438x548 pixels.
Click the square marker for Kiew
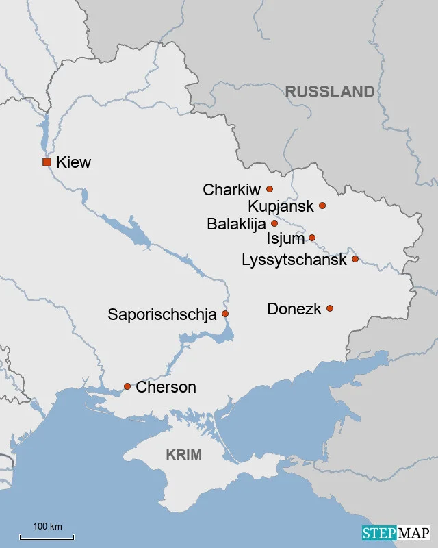click(47, 162)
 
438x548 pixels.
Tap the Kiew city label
click(74, 162)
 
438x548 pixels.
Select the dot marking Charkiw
click(270, 189)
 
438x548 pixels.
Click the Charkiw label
click(232, 190)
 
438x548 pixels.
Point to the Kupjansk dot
click(322, 206)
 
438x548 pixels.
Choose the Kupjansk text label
click(281, 206)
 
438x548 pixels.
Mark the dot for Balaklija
click(274, 223)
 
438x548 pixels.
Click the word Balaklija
click(237, 224)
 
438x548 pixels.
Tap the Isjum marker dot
click(312, 238)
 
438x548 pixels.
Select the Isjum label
click(285, 239)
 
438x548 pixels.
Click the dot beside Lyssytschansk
click(355, 259)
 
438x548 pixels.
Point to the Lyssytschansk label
click(294, 260)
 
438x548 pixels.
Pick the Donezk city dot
click(330, 308)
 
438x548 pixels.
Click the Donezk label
click(294, 309)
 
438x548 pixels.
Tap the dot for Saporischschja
click(225, 314)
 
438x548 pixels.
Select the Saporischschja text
click(162, 315)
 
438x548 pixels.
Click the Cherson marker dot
click(127, 386)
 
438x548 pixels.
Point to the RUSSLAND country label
click(330, 92)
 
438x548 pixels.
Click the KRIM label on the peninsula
click(183, 455)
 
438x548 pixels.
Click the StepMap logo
click(396, 533)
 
